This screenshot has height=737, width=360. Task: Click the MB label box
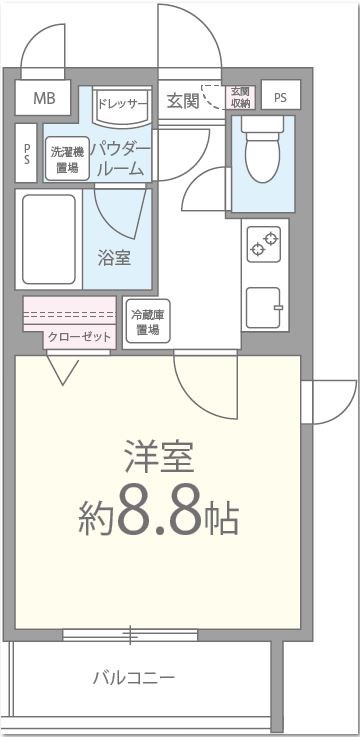point(44,98)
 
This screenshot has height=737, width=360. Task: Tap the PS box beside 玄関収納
point(280,97)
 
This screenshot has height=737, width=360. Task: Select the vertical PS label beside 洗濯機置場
point(27,155)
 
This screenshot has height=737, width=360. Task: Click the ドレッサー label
point(122,103)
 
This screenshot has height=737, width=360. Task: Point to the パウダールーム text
point(121,159)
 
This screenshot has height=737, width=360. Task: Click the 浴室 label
point(113,257)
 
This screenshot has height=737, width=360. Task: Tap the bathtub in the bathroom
point(49,242)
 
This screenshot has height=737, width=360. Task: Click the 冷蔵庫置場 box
point(148,322)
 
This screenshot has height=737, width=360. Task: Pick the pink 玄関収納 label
point(239,97)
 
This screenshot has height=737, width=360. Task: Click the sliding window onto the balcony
point(129,634)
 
